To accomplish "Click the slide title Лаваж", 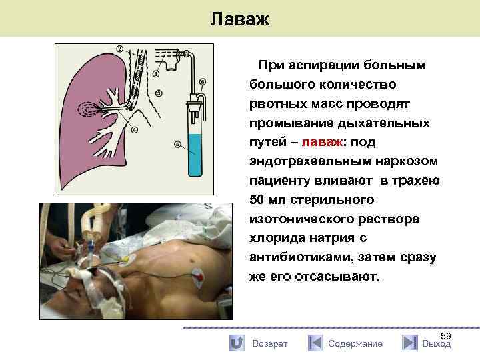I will pyautogui.click(x=239, y=19).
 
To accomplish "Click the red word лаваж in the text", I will pyautogui.click(x=323, y=142).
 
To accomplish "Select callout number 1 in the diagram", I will pyautogui.click(x=155, y=74).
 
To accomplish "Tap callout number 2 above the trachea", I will pyautogui.click(x=120, y=49).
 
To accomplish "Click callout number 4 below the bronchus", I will pyautogui.click(x=135, y=129).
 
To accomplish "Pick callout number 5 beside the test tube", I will pyautogui.click(x=177, y=143).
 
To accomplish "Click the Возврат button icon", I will pyautogui.click(x=236, y=343).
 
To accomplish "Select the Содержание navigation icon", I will pyautogui.click(x=315, y=343).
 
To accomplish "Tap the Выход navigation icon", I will pyautogui.click(x=410, y=343).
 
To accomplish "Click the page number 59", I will pyautogui.click(x=446, y=336).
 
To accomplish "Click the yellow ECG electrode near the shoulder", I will pyautogui.click(x=126, y=257).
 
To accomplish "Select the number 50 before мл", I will pyautogui.click(x=257, y=200).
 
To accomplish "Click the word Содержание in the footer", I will pyautogui.click(x=355, y=343).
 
